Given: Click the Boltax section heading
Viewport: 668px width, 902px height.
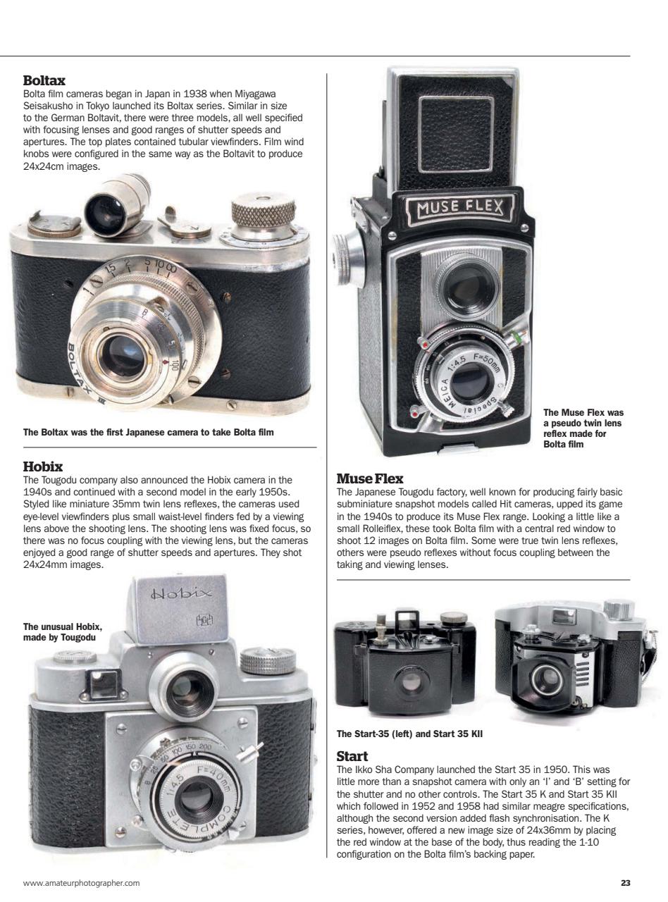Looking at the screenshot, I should click(44, 81).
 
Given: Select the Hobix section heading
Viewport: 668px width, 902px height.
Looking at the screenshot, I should click(43, 467).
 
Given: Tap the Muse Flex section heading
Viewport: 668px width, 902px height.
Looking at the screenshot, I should click(370, 479).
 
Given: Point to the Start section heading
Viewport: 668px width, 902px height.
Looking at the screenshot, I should click(352, 756).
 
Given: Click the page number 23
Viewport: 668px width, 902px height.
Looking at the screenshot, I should click(625, 882).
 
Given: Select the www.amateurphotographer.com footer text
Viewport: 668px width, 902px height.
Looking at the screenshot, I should click(81, 882).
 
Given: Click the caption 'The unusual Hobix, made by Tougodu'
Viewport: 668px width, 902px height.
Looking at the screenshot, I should click(63, 632).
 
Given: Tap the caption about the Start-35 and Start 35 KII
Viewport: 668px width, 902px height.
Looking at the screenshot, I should click(409, 734).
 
